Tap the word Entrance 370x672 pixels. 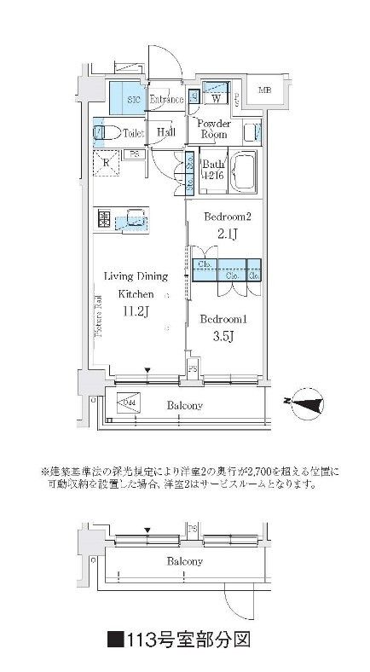pyautogui.click(x=166, y=100)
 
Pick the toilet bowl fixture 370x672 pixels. pyautogui.click(x=102, y=133)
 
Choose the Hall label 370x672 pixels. pyautogui.click(x=165, y=133)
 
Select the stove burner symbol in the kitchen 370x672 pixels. pyautogui.click(x=104, y=219)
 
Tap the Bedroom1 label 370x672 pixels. pyautogui.click(x=224, y=319)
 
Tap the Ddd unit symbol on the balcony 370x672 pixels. pyautogui.click(x=127, y=403)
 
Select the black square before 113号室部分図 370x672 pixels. pyautogui.click(x=115, y=637)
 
